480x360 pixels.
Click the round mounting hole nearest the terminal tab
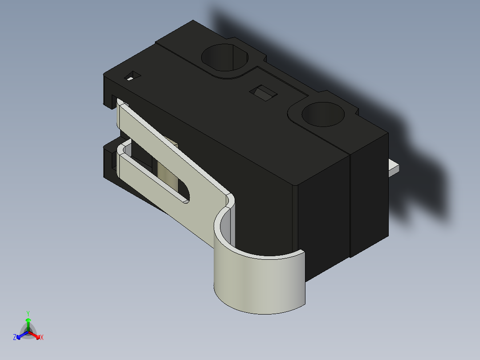pyautogui.click(x=323, y=114)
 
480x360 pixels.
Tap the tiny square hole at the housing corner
pyautogui.click(x=132, y=76)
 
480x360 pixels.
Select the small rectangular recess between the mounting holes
pyautogui.click(x=263, y=94)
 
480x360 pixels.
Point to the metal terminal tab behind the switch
pyautogui.click(x=394, y=167)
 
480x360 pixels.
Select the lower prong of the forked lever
pyautogui.click(x=147, y=183)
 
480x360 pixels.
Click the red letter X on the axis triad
pyautogui.click(x=42, y=337)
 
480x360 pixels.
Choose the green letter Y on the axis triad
pyautogui.click(x=28, y=313)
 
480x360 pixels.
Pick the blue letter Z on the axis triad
pyautogui.click(x=15, y=337)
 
